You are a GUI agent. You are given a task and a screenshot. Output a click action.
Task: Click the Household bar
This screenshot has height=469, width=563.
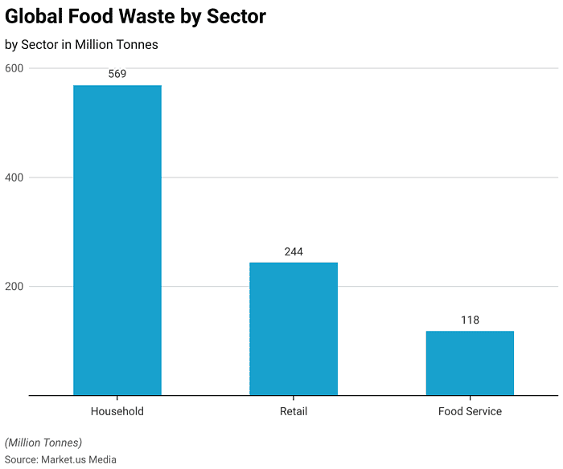point(117,240)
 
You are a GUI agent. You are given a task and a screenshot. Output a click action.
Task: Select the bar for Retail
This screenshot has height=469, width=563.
point(294,328)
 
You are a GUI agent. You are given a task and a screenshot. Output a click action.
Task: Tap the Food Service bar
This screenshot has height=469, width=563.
point(470,363)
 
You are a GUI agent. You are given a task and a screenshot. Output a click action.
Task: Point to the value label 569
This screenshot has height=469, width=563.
point(117,74)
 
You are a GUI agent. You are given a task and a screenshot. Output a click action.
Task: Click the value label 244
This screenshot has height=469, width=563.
point(294,252)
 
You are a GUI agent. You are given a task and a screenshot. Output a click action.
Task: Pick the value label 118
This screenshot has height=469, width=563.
point(470,320)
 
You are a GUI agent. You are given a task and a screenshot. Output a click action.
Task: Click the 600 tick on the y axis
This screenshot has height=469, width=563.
point(14,68)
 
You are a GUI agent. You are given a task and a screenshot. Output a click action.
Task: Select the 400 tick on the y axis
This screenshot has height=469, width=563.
point(14,177)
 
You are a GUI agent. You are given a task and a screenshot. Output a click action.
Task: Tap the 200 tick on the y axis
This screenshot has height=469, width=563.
point(14,287)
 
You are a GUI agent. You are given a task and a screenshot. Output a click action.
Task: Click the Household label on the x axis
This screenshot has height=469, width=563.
point(117,411)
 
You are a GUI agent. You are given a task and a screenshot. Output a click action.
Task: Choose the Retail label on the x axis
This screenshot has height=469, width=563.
point(294,411)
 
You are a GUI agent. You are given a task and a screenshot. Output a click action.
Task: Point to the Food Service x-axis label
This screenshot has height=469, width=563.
point(470,411)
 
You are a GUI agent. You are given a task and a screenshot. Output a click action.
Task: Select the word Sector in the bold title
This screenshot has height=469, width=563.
point(237,16)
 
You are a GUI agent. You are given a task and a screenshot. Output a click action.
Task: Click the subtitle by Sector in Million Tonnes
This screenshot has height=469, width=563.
point(81,45)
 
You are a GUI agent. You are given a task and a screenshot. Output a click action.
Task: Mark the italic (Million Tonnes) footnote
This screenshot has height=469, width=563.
point(43,442)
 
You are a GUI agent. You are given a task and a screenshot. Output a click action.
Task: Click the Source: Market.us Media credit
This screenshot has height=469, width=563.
point(60,459)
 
